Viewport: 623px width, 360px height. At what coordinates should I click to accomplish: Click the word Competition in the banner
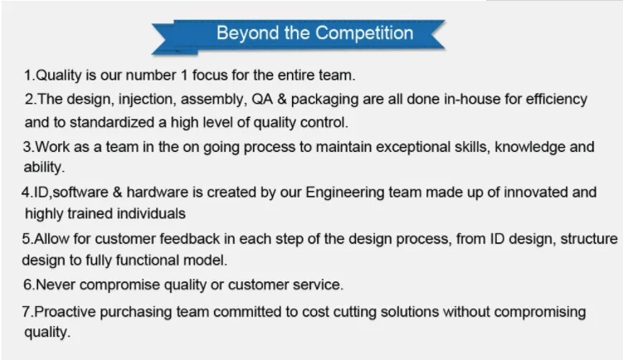coord(364,33)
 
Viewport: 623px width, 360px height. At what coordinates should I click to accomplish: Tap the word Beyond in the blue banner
coord(247,33)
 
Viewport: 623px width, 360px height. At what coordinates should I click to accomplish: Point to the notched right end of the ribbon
coord(437,34)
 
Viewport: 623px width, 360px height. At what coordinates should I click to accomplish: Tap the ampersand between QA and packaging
coord(282,100)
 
